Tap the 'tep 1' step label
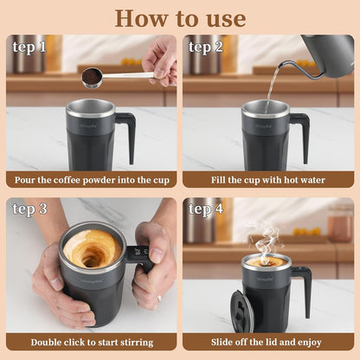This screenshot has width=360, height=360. [29, 47]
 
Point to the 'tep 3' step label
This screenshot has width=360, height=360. [29, 209]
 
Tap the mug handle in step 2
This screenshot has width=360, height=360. [302, 134]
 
